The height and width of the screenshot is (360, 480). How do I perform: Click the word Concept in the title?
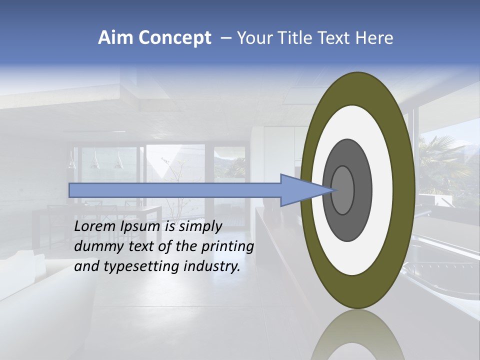pyautogui.click(x=174, y=38)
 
